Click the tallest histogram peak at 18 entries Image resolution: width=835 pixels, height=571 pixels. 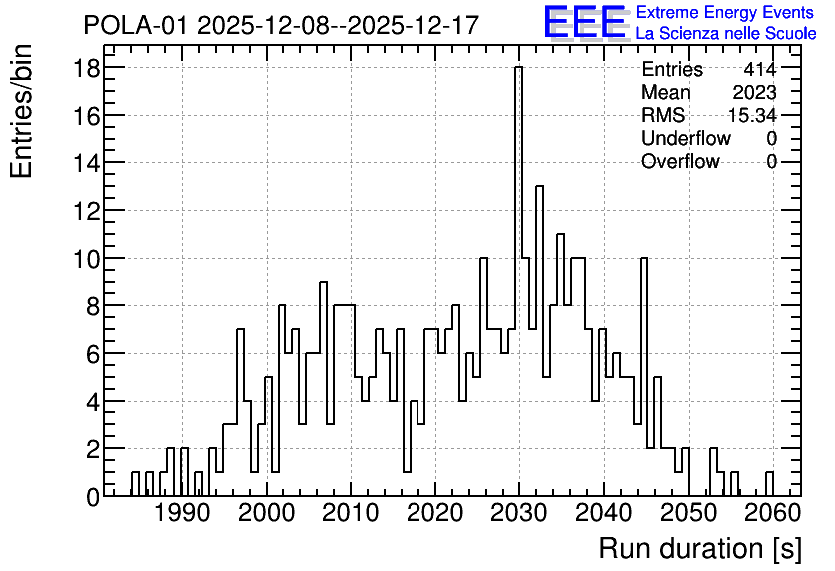[518, 67]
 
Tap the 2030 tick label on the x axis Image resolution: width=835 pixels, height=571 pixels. [518, 514]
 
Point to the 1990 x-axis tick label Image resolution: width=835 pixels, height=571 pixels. [182, 514]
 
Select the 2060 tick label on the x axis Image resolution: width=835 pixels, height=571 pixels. [772, 514]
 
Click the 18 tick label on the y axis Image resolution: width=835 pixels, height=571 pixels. [86, 68]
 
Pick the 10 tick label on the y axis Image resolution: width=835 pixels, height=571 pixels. [86, 259]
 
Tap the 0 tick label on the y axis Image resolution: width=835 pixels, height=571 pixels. [93, 497]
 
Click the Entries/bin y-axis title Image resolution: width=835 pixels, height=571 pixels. [21, 111]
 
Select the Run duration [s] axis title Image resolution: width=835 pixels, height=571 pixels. [700, 549]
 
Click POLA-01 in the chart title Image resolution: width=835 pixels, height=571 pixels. [135, 25]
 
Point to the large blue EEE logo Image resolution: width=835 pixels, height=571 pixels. [585, 22]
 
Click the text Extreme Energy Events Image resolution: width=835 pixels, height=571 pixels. [725, 12]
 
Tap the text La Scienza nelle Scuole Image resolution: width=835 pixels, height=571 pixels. [726, 34]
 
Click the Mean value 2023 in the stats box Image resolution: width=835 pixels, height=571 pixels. [754, 92]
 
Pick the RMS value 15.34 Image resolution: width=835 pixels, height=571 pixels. [752, 115]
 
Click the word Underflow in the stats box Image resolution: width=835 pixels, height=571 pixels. [686, 138]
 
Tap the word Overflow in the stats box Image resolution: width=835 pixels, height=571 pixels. [680, 161]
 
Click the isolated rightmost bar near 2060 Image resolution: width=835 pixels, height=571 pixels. [769, 484]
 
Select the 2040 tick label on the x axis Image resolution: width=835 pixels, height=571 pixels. [603, 514]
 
